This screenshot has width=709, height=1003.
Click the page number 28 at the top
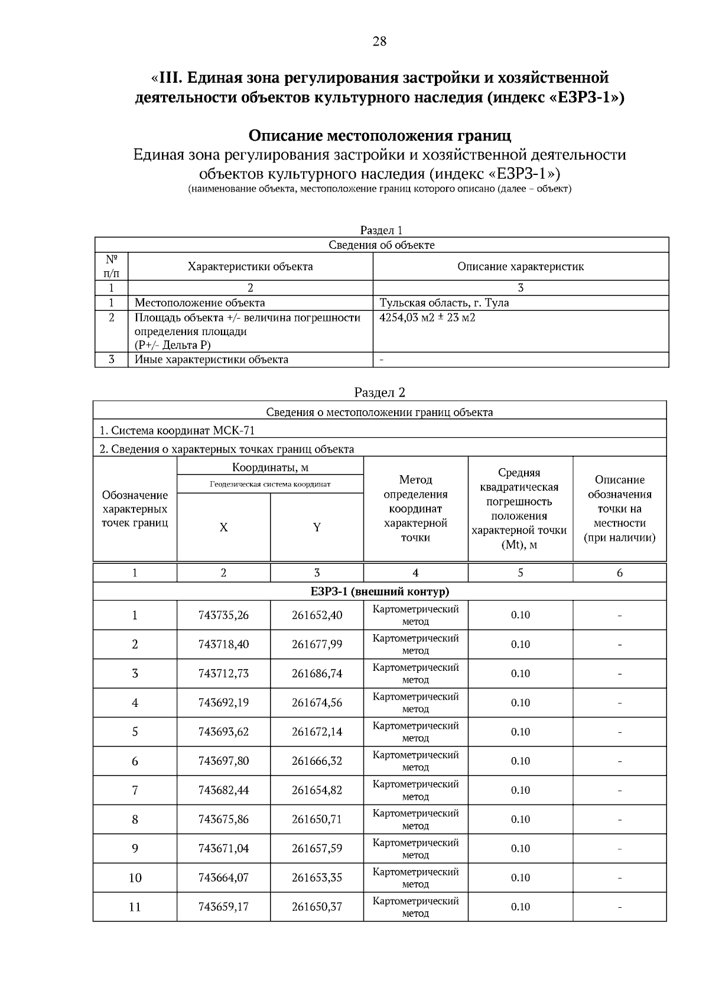(379, 41)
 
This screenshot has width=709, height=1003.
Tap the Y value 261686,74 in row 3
(317, 673)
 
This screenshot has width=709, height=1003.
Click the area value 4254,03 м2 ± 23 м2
(427, 317)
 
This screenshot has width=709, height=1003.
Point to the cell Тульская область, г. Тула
(444, 303)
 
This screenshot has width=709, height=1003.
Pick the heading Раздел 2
(379, 392)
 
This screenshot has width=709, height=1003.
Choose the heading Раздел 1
(381, 230)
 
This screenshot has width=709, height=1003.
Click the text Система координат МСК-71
(177, 430)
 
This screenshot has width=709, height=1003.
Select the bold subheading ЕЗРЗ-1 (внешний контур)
(379, 591)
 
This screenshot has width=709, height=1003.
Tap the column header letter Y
(317, 527)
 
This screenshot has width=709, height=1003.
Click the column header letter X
(223, 527)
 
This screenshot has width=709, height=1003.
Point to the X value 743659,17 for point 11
(223, 906)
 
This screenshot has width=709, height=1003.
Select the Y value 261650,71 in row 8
(317, 819)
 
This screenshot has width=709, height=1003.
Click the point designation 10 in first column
(135, 877)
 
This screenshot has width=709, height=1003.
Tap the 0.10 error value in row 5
(520, 732)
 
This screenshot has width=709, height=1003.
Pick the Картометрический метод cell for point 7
(415, 790)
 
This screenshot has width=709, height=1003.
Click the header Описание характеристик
(520, 266)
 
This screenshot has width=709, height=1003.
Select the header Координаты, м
(270, 468)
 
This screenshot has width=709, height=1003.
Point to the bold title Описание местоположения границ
(379, 135)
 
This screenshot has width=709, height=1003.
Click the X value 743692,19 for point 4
(223, 703)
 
